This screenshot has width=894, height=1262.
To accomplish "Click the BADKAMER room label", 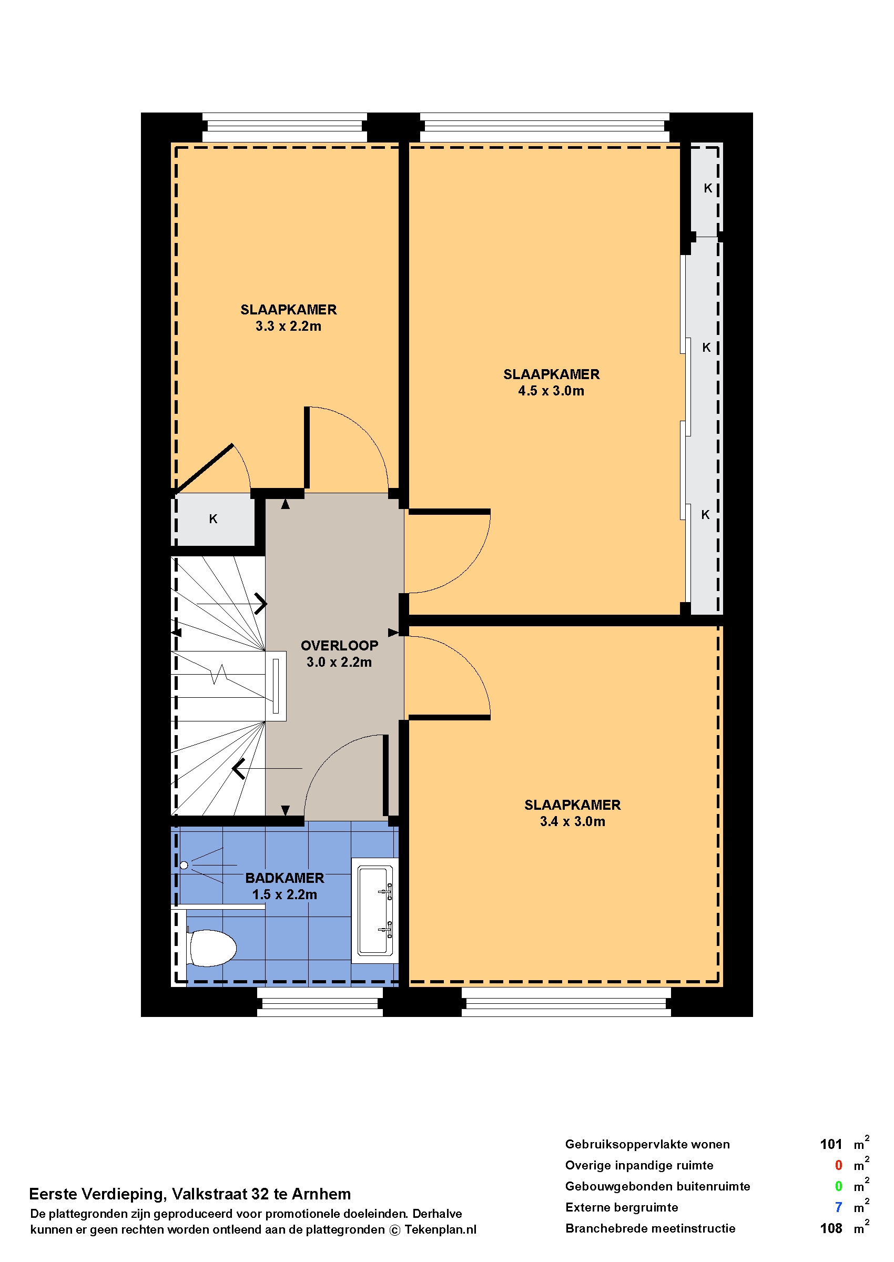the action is click(x=285, y=878).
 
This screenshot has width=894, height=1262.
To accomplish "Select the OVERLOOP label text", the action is click(x=339, y=645).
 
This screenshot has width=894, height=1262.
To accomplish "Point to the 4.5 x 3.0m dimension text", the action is click(x=551, y=391).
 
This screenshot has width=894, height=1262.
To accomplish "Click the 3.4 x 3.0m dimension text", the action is click(x=573, y=821).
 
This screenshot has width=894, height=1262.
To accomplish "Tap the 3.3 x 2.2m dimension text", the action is click(x=289, y=326).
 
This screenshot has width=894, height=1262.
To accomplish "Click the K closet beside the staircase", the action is click(x=213, y=518).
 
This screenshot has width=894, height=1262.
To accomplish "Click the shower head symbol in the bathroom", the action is click(x=184, y=865).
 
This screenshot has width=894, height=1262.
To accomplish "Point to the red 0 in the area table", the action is click(x=838, y=1165).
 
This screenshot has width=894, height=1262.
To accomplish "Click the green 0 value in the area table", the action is click(x=838, y=1186).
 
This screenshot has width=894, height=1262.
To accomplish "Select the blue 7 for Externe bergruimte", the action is click(x=838, y=1207).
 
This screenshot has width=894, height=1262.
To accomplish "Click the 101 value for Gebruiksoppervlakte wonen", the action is click(x=831, y=1144).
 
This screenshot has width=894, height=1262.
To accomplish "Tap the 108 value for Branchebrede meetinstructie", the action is click(x=831, y=1228).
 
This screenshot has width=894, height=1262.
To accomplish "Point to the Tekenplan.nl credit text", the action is click(x=440, y=1229).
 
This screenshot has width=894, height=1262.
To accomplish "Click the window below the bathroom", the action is click(x=320, y=1002).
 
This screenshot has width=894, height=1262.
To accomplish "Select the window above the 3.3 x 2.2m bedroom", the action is click(x=285, y=128).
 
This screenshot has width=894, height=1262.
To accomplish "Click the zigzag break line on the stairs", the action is click(x=220, y=674).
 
